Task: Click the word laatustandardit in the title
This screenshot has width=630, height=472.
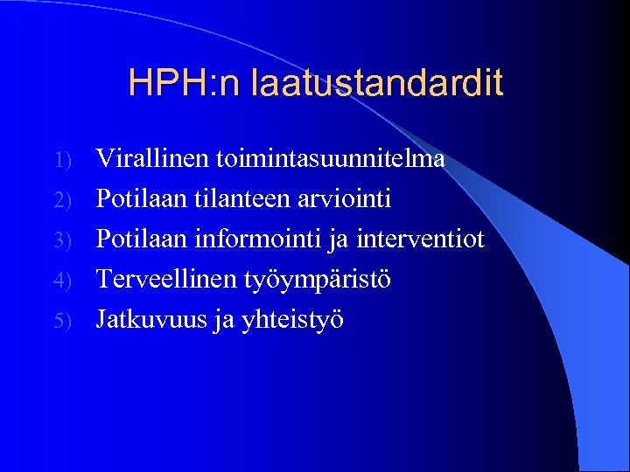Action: click(x=377, y=83)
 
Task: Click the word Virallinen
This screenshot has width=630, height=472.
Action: click(x=146, y=158)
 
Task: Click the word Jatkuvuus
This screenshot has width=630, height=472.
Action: click(x=149, y=319)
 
